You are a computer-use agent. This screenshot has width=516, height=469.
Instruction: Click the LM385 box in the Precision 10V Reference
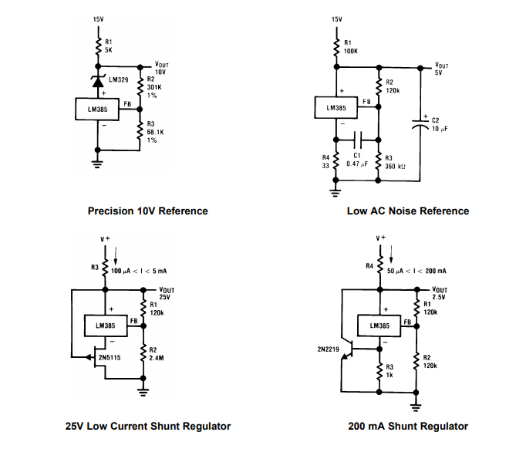pos(96,110)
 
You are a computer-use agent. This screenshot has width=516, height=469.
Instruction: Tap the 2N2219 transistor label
pos(328,349)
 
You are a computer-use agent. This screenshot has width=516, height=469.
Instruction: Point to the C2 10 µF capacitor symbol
pos(421,123)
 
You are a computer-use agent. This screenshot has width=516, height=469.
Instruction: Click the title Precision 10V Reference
pos(147,211)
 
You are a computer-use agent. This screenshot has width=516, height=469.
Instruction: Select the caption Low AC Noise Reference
pos(408,211)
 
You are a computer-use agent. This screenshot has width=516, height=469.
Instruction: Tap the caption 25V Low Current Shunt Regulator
pos(147,426)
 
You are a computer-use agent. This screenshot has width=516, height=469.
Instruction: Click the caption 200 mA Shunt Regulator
pos(408,426)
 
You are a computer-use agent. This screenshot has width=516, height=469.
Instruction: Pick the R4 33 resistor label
pos(325,161)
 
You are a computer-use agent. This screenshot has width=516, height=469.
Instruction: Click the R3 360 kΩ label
pos(396,161)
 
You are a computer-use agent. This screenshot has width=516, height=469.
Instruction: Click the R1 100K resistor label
pos(350,46)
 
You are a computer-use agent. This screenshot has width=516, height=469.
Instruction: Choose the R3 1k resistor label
pos(390,370)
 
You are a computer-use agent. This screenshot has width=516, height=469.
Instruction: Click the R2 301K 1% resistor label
pos(153,87)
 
